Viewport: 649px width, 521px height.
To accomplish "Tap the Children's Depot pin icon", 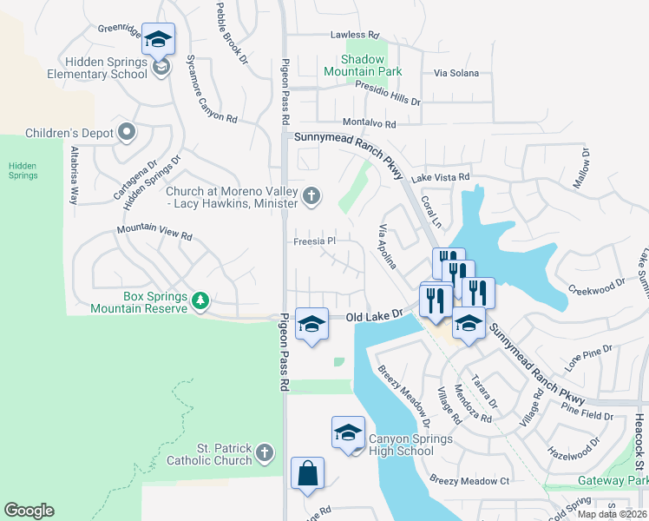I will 128,133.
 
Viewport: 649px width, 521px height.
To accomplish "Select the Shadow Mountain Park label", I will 364,66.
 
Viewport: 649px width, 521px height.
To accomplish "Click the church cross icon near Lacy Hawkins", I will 311,197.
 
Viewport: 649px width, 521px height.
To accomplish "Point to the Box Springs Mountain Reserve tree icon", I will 201,301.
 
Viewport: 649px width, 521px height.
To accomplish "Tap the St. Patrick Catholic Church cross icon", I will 265,453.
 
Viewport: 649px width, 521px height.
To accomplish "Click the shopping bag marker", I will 307,474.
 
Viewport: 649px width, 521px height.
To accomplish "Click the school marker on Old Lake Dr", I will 312,325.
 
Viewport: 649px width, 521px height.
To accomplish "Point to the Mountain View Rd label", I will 154,234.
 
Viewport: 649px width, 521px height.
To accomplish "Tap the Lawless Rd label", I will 355,36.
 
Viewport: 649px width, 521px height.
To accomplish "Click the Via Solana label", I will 456,73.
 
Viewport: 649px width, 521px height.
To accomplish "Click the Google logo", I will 29,511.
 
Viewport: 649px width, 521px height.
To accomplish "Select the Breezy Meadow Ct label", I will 469,481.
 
